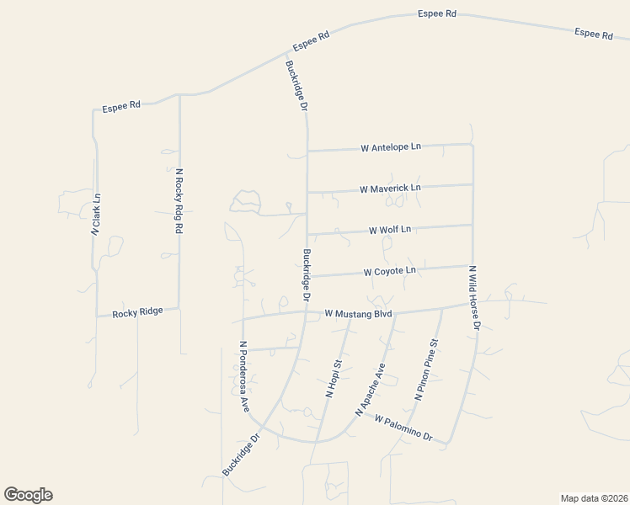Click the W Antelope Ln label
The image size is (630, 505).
tap(390, 148)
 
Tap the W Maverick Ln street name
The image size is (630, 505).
tap(389, 189)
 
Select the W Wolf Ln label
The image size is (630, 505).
tap(390, 229)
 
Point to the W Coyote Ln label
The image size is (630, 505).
tap(389, 271)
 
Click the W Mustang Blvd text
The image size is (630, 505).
tap(360, 314)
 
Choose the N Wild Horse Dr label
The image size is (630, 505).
tap(475, 297)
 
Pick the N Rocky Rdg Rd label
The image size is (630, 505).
tap(179, 200)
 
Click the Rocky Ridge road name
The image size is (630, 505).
tap(138, 311)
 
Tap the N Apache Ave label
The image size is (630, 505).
tap(370, 390)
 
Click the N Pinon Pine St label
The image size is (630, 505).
tap(426, 369)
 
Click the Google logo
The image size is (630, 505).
tap(28, 495)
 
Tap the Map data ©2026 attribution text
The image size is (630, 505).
tap(594, 498)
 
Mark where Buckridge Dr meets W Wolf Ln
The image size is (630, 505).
tap(307, 233)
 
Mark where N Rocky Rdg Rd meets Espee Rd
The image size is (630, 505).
tap(179, 95)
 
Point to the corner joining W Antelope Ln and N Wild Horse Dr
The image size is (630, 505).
tap(472, 144)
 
